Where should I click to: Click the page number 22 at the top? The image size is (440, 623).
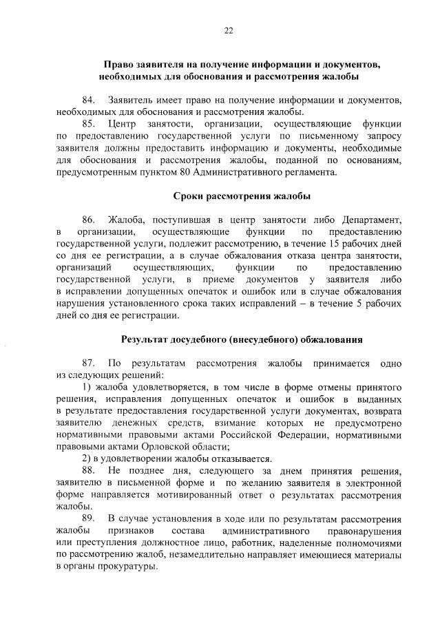click(228, 30)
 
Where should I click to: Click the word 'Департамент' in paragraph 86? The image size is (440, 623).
click(371, 219)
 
